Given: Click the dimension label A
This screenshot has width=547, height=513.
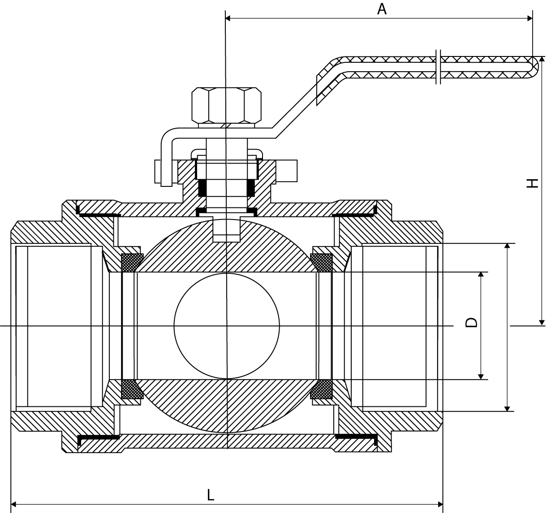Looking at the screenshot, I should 381,9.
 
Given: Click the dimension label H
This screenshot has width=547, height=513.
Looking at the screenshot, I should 532,183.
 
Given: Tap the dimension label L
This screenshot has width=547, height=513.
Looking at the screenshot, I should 211,495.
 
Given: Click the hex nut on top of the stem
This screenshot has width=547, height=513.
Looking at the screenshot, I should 227,105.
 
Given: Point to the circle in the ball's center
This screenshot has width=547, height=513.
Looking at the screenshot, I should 227,326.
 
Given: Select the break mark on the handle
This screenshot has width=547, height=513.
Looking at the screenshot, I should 439,67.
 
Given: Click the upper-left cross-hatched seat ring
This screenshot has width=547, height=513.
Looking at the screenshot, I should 132,263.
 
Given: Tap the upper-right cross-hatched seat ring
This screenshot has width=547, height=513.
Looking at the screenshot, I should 321,263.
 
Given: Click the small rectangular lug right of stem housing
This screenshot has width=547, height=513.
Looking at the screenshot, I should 287,171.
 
